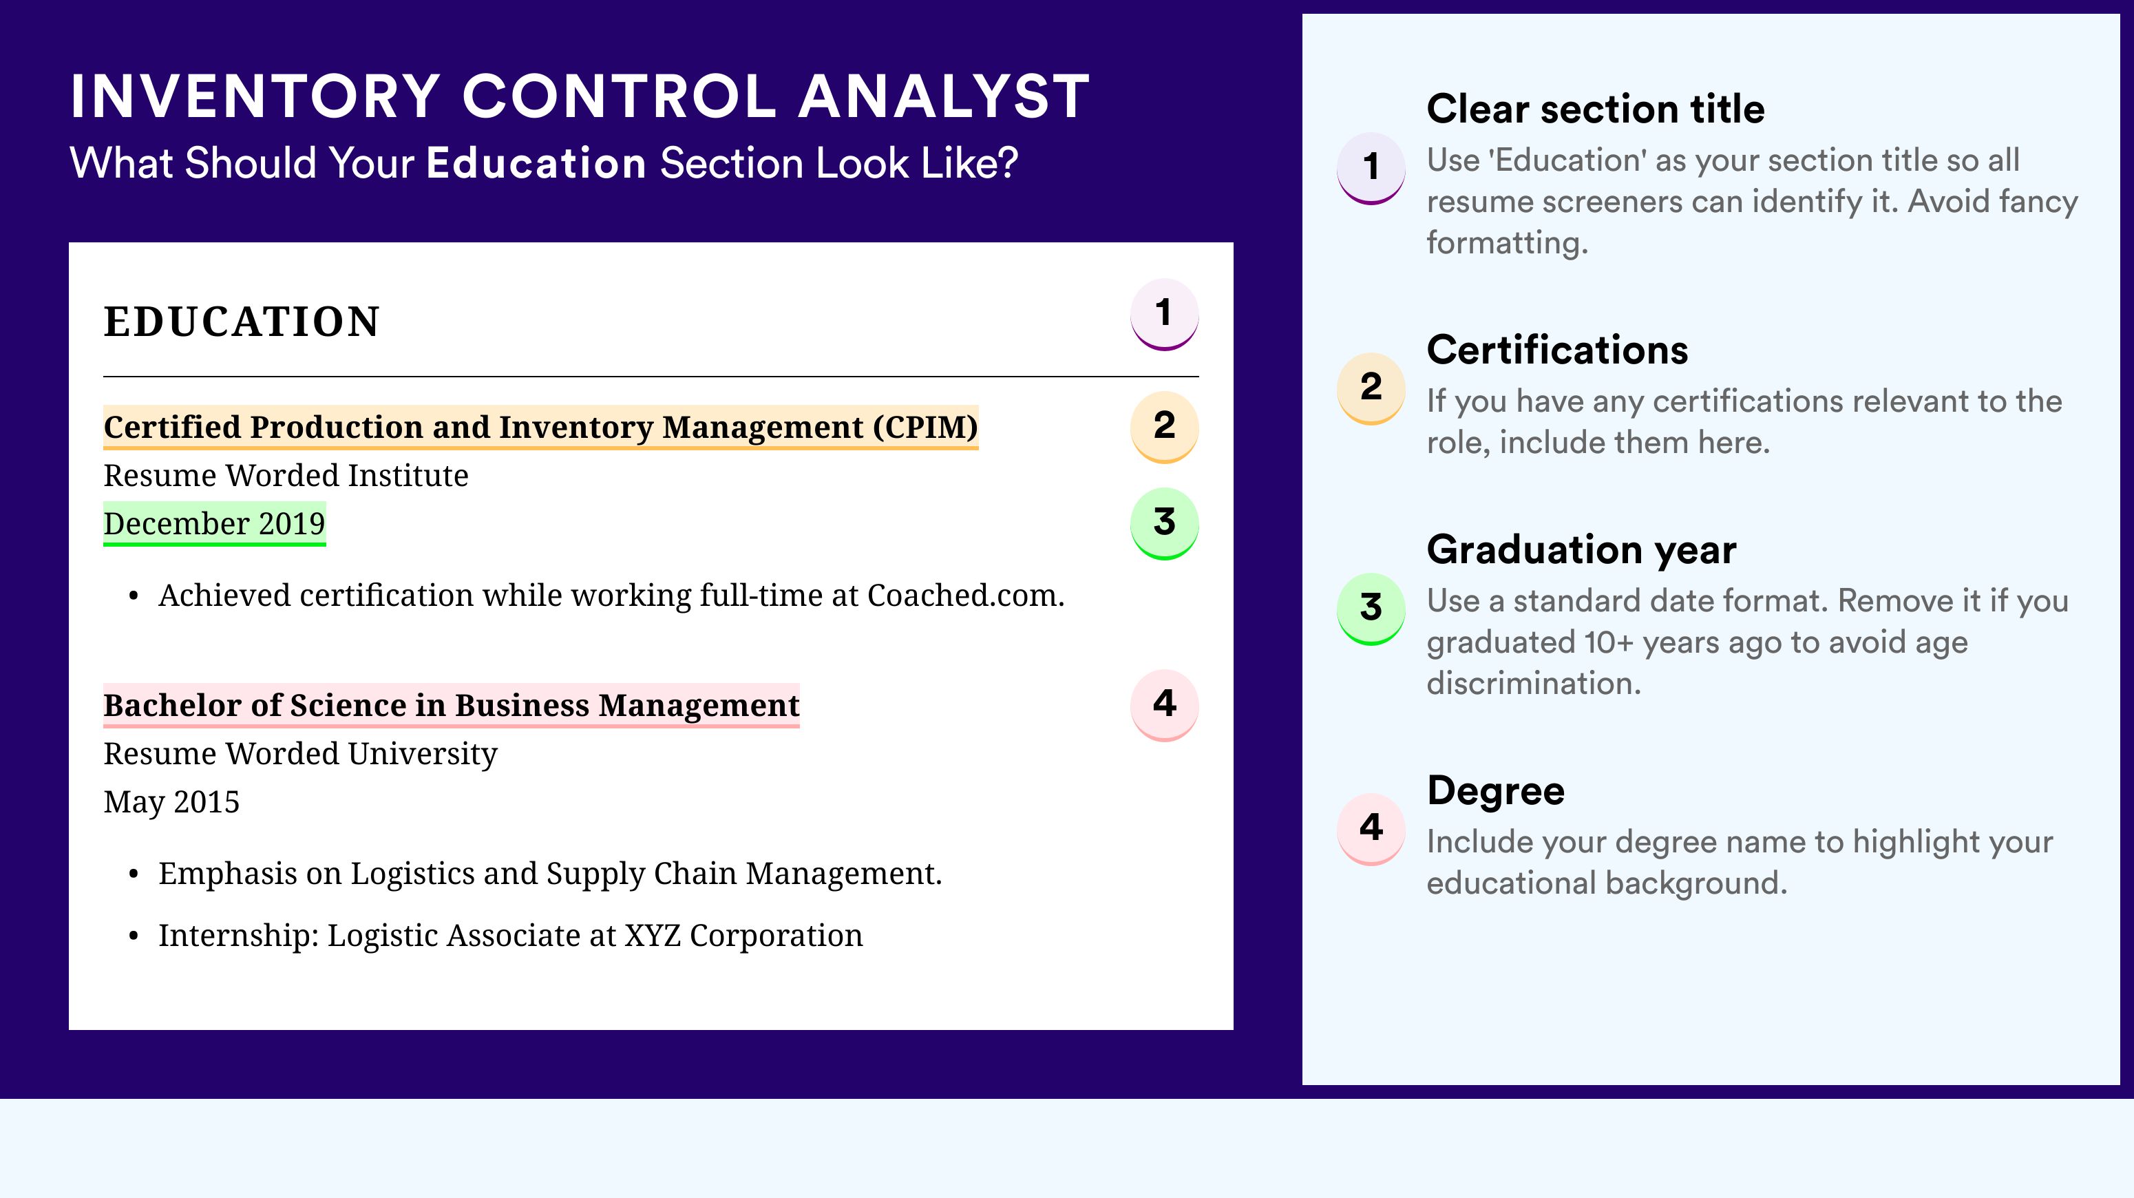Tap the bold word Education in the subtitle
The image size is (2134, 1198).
[x=536, y=162]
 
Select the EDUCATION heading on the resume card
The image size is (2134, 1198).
[x=241, y=322]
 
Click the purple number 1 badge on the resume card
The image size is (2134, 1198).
[x=1164, y=315]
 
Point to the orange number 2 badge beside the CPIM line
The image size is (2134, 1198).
[x=1164, y=427]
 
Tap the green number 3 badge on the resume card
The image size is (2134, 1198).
[x=1164, y=523]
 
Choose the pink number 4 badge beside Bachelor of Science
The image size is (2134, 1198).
[x=1164, y=705]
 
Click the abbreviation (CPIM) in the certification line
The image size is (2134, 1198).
[x=925, y=428]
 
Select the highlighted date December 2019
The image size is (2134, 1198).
[x=215, y=523]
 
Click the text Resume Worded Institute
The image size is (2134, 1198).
[x=286, y=476]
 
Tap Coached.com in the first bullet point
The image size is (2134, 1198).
[x=966, y=596]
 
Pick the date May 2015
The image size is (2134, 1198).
[x=171, y=802]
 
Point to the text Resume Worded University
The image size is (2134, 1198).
[x=300, y=754]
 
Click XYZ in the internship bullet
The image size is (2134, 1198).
[x=652, y=936]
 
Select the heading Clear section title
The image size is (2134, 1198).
[x=1596, y=109]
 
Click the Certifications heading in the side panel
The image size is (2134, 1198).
[x=1557, y=350]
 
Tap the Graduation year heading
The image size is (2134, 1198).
[x=1581, y=550]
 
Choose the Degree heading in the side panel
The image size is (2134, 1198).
[x=1496, y=790]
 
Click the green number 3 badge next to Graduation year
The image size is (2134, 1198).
[x=1371, y=609]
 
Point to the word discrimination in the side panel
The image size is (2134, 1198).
[x=1534, y=684]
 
